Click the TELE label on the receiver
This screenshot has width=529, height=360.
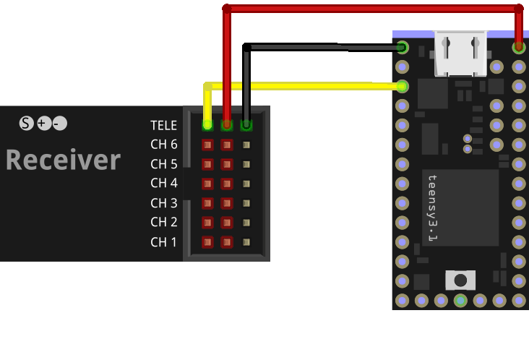163,125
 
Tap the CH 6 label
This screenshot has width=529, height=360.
163,145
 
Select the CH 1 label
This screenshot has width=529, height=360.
163,241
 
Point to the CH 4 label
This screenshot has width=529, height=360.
163,184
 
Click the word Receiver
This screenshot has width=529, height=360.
63,160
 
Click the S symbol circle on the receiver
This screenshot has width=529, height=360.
27,124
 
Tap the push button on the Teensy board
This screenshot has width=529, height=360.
460,279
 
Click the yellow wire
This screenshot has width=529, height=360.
304,87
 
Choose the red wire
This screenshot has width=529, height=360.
369,9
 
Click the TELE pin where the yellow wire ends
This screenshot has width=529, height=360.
207,125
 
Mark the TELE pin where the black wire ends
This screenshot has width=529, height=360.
246,125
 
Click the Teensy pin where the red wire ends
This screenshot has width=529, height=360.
519,48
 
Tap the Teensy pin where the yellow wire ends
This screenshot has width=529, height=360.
403,87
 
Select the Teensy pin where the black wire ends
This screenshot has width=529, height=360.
403,48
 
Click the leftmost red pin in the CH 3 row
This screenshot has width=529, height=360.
207,203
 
